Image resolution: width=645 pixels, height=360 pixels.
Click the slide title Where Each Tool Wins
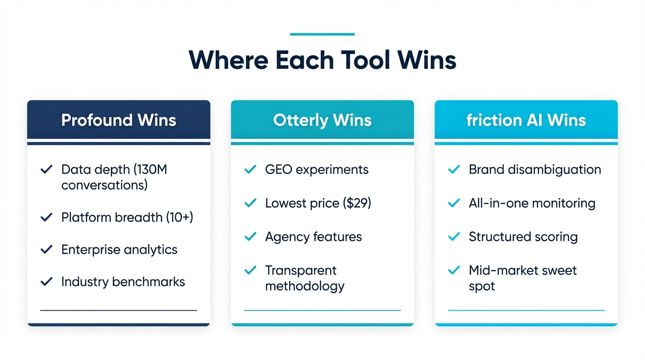point(322,60)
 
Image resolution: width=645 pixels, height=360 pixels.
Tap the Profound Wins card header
point(119,120)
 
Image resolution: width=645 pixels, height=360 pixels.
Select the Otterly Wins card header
point(322,120)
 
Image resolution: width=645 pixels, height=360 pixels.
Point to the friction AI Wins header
point(526,120)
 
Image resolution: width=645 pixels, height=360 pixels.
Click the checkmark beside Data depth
point(46,170)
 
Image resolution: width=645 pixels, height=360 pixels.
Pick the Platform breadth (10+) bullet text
point(127,217)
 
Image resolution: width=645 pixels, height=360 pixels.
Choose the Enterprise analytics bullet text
point(119,249)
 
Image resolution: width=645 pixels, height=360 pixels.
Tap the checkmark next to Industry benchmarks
point(46,282)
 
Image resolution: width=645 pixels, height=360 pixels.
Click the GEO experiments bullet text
point(317,169)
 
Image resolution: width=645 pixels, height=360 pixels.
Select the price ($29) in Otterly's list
point(357,203)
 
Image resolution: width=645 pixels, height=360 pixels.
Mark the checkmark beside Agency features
point(250,237)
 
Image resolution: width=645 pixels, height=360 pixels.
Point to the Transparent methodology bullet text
point(305,278)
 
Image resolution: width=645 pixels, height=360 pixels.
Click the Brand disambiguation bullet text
point(535,169)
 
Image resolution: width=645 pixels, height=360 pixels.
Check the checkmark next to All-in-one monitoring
point(454,203)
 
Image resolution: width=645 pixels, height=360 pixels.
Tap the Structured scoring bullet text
point(523,237)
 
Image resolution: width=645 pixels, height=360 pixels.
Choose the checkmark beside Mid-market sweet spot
point(454,270)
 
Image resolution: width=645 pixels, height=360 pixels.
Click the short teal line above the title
point(322,34)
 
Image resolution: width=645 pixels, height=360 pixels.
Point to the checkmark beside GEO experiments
point(250,169)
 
